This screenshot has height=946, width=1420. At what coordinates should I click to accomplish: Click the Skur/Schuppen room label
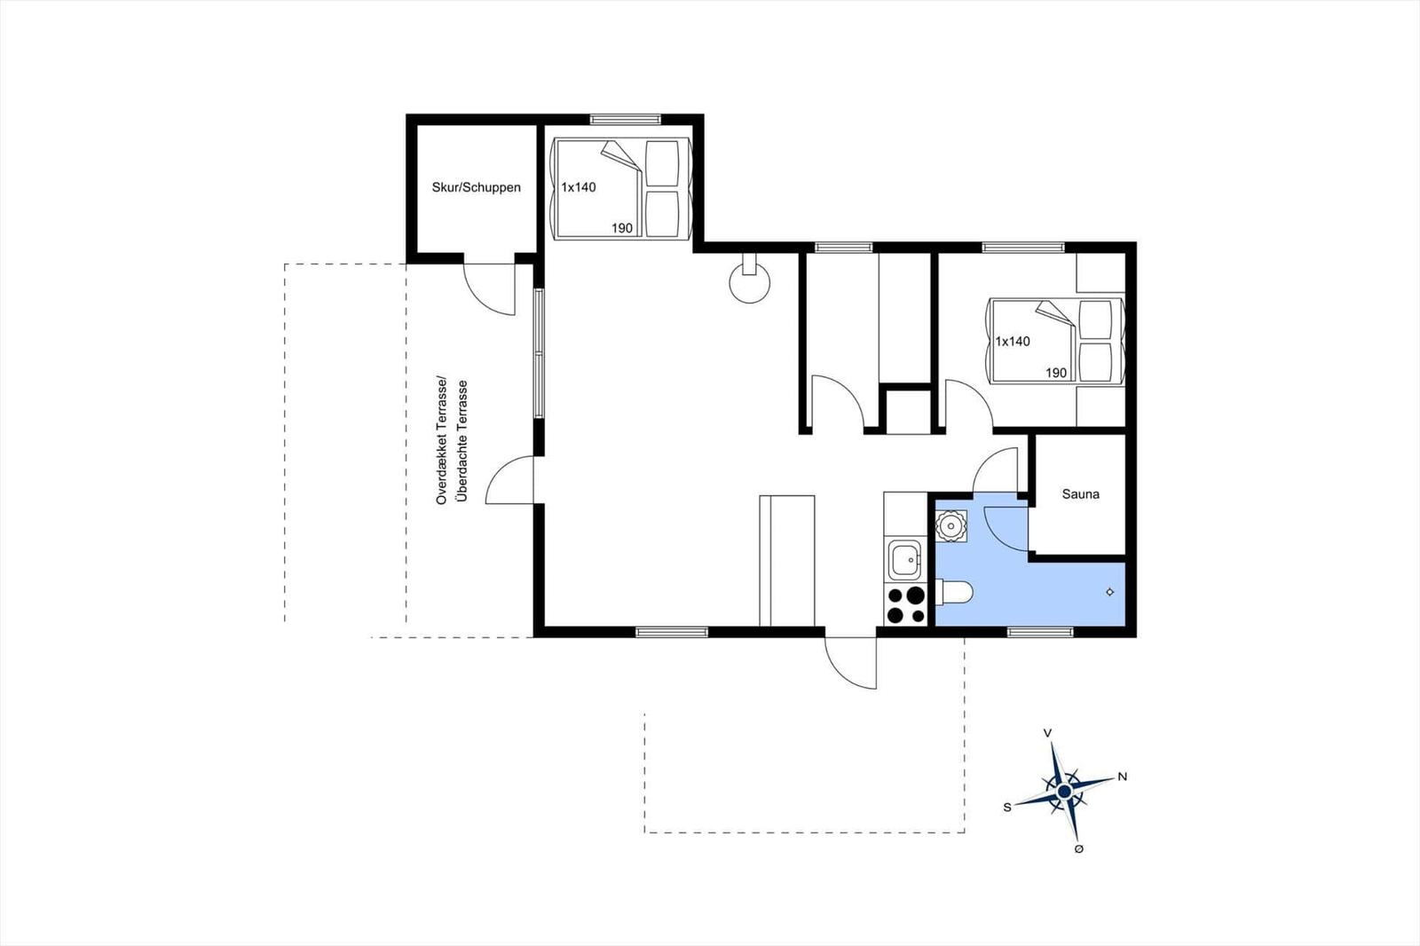(x=476, y=187)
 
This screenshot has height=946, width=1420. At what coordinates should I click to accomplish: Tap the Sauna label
(x=1081, y=494)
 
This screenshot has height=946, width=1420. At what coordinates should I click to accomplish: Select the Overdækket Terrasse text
(x=442, y=440)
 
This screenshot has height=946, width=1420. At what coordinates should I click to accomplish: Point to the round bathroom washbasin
(x=951, y=526)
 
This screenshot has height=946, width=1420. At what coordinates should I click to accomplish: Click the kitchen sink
(x=904, y=561)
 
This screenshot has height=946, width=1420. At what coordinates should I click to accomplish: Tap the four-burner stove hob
(x=906, y=605)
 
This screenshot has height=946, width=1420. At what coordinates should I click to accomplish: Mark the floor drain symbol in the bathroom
(x=1109, y=592)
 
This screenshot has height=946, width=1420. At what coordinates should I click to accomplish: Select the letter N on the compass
(x=1122, y=777)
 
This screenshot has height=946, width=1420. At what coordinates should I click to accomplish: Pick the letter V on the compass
(x=1048, y=733)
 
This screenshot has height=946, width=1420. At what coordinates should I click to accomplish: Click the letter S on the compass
(x=1007, y=808)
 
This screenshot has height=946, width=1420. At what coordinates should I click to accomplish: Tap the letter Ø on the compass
(x=1079, y=848)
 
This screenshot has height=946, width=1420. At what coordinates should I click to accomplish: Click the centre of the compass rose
(x=1064, y=792)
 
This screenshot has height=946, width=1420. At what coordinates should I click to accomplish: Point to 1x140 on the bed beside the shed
(x=578, y=187)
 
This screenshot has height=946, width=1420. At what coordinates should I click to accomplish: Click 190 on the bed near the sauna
(x=1056, y=373)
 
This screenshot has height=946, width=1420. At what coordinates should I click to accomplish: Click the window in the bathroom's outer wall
(x=1040, y=632)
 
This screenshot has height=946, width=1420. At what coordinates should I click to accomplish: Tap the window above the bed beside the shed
(x=625, y=119)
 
